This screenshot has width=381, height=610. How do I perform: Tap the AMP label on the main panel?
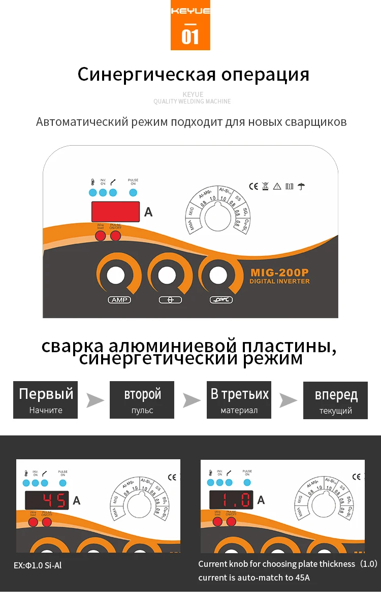pos(119,300)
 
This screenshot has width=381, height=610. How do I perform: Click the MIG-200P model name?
pos(280,272)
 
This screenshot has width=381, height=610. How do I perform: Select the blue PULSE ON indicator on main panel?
pos(133,193)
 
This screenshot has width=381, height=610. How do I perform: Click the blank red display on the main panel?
pos(115,212)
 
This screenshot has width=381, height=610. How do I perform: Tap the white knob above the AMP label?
pos(115,276)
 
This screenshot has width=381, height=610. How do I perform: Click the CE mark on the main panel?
pos(253,186)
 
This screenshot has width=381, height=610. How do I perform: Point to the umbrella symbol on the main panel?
pos(301,186)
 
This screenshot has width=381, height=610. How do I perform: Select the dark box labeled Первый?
pos(46,400)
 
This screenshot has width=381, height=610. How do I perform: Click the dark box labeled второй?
pos(142,400)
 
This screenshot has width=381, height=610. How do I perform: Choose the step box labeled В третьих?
pos(239,400)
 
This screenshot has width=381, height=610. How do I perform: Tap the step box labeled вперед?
pos(335,400)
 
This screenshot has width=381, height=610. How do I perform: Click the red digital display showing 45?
pos(47,501)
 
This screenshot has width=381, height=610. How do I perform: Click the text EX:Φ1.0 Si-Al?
pos(38,565)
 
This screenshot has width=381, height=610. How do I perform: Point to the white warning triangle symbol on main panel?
pos(277,186)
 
